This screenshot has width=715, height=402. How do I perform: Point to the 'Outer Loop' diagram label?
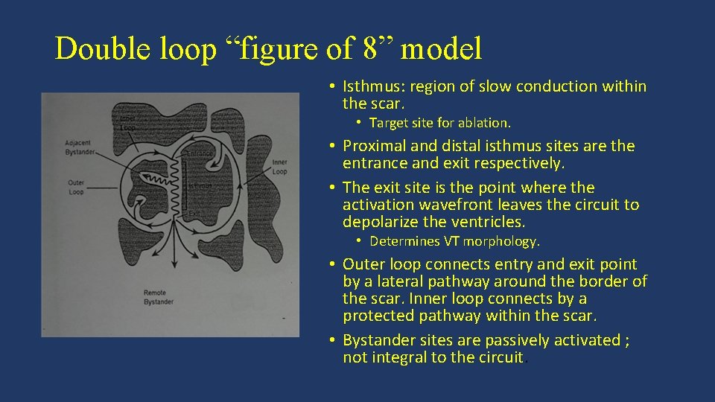pos(75,186)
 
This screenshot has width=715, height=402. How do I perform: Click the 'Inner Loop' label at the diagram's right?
pos(279,166)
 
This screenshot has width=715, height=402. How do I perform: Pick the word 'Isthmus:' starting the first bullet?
pos(375,86)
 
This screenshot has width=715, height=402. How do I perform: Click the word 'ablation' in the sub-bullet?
pos(484,122)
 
